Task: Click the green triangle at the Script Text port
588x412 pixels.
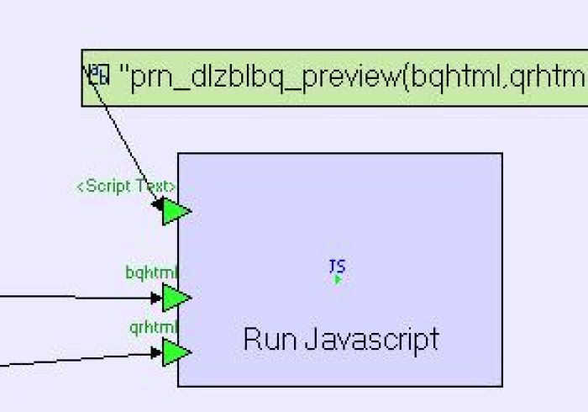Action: click(x=175, y=211)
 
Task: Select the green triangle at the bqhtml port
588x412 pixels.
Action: click(x=175, y=298)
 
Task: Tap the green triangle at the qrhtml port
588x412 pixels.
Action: click(x=175, y=352)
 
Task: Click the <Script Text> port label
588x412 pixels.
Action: click(x=127, y=187)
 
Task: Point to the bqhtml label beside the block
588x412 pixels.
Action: click(x=152, y=272)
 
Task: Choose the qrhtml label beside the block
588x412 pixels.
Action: click(x=154, y=327)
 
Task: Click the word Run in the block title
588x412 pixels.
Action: click(x=267, y=340)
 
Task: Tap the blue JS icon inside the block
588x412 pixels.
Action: click(x=337, y=266)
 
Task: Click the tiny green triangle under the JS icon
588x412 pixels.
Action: click(x=338, y=279)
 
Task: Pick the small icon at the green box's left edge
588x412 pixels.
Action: click(x=99, y=75)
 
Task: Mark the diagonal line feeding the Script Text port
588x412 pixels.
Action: click(x=126, y=139)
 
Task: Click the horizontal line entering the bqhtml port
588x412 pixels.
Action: click(x=76, y=297)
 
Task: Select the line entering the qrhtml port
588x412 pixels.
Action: click(x=76, y=360)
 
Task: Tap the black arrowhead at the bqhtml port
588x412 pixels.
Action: click(x=156, y=298)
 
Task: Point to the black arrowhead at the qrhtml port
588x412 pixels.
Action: click(x=156, y=353)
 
